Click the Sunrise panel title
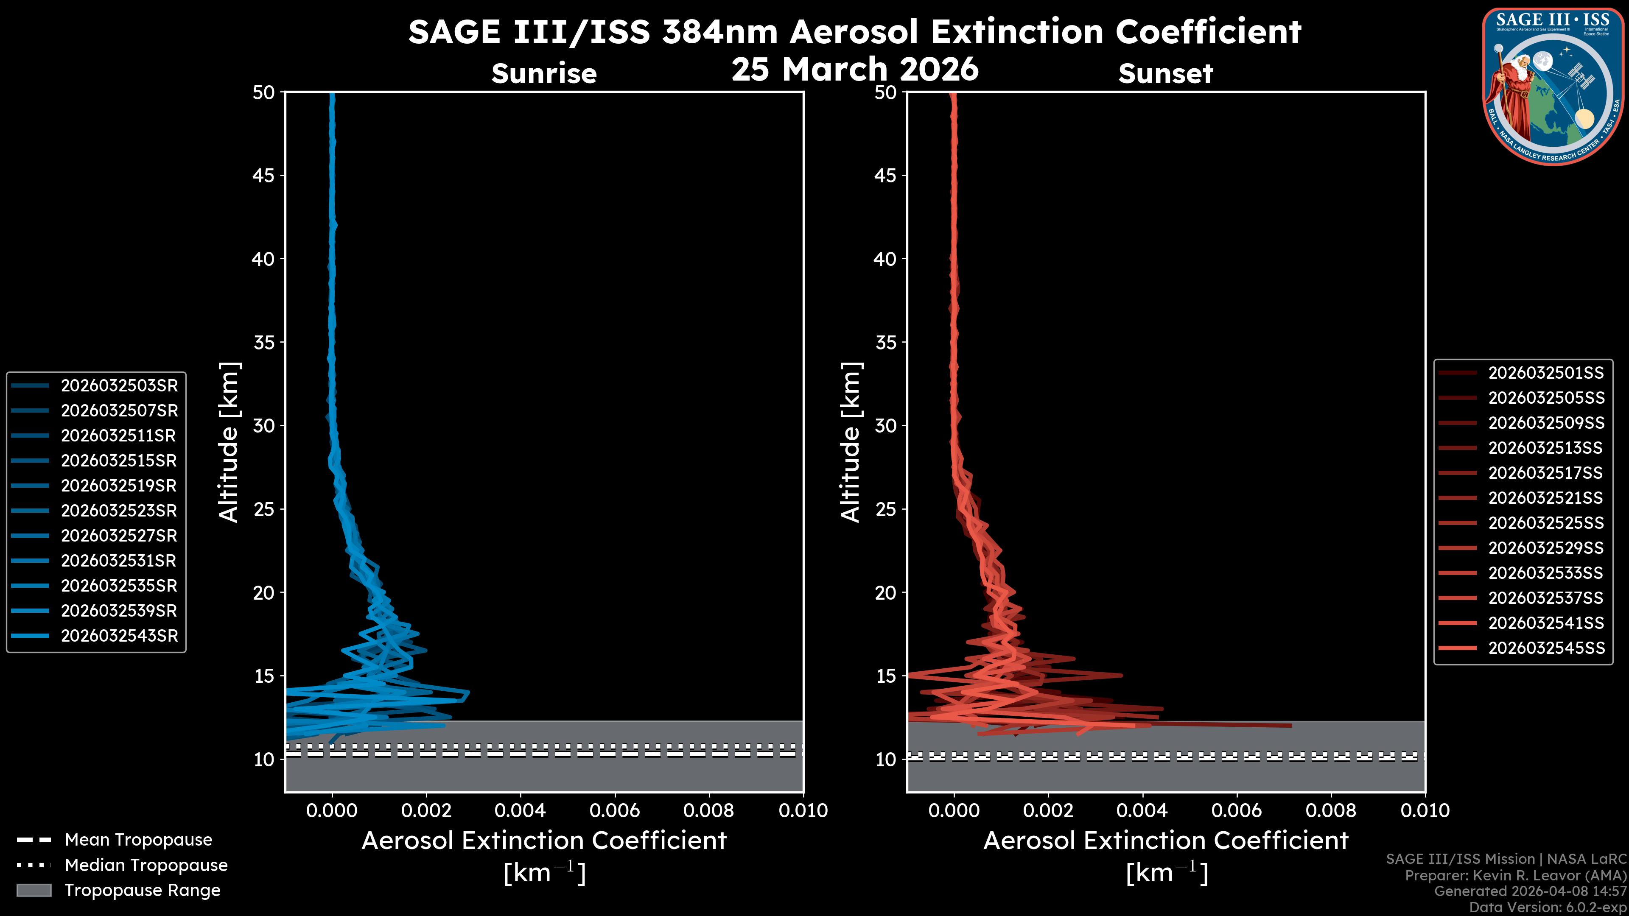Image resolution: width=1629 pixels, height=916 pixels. pyautogui.click(x=544, y=74)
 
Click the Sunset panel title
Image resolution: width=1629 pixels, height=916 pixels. pyautogui.click(x=1165, y=74)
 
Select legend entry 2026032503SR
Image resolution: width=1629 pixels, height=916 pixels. pyautogui.click(x=119, y=385)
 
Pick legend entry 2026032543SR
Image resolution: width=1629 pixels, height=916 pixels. pyautogui.click(x=119, y=636)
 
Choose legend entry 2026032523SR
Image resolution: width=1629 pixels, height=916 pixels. pyautogui.click(x=119, y=511)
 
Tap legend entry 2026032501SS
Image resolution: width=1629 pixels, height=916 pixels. pyautogui.click(x=1545, y=373)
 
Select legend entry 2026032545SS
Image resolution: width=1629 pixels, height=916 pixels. pyautogui.click(x=1545, y=648)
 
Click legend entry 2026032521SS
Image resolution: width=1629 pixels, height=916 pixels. pyautogui.click(x=1545, y=498)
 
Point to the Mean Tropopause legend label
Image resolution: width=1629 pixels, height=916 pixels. pyautogui.click(x=138, y=840)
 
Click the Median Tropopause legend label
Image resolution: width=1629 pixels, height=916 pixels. pyautogui.click(x=146, y=866)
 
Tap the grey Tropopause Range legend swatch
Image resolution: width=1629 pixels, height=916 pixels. pyautogui.click(x=34, y=890)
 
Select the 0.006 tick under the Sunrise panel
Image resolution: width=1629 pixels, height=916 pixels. pyautogui.click(x=615, y=810)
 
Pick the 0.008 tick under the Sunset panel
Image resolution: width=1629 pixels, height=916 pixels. pyautogui.click(x=1331, y=810)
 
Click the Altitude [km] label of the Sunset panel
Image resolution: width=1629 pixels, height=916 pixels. pyautogui.click(x=851, y=442)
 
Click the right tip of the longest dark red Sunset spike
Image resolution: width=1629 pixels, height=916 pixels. pyautogui.click(x=1290, y=726)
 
